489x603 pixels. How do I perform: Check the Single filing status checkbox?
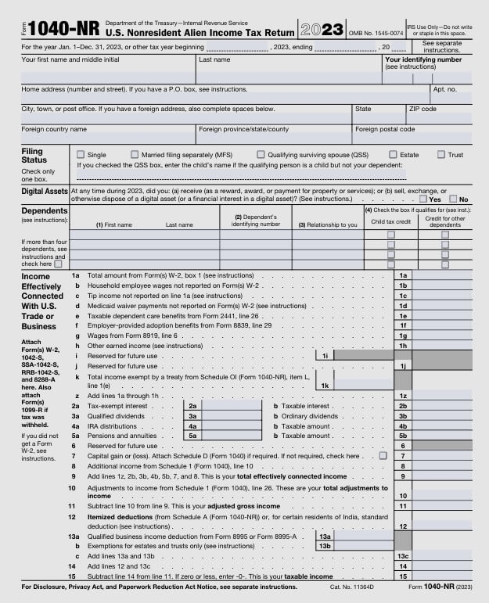pos(80,155)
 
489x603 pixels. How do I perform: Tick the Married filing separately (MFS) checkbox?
pos(135,155)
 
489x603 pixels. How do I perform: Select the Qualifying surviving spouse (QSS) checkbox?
pos(261,155)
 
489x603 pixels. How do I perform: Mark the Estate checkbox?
pos(393,155)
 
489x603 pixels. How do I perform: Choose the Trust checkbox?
pos(440,155)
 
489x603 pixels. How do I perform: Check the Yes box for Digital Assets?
pos(422,199)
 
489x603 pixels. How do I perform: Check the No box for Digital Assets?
pos(452,199)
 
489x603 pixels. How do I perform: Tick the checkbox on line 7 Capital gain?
pos(383,455)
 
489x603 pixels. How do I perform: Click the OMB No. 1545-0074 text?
pos(376,33)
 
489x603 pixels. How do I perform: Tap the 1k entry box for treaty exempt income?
pos(364,385)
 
